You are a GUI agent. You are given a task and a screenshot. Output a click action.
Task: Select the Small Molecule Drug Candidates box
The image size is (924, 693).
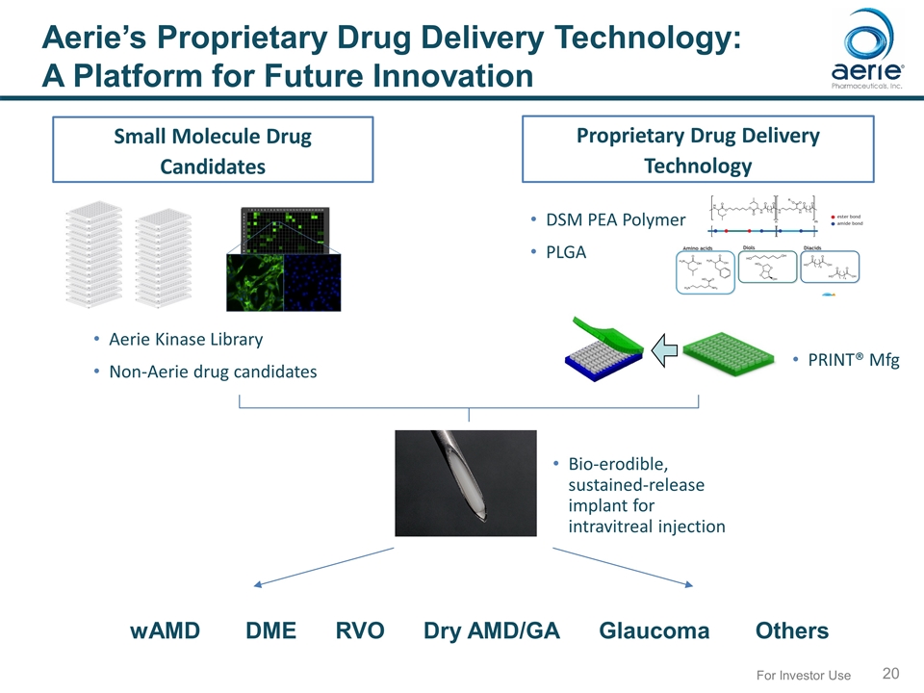[213, 150]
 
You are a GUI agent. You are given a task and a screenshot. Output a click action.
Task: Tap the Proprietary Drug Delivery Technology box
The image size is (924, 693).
[698, 149]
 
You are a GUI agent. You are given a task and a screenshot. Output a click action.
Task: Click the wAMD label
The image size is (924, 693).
[166, 630]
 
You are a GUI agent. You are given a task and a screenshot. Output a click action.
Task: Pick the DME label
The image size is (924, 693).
[271, 630]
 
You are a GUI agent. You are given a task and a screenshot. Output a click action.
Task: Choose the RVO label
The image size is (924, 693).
[360, 630]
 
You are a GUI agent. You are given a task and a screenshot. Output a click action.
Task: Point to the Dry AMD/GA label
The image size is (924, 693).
[491, 630]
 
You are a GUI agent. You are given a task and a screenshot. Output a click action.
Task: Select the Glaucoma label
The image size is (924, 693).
[654, 630]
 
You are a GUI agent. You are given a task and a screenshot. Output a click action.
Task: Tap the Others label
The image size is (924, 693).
[791, 630]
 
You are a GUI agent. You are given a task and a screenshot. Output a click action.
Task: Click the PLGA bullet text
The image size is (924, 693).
[565, 252]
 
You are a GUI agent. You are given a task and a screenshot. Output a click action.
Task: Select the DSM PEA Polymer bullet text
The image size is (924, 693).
[615, 220]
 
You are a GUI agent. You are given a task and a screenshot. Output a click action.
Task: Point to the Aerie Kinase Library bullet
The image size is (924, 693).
[186, 340]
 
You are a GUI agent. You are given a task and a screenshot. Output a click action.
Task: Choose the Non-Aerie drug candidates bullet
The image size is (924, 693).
[213, 372]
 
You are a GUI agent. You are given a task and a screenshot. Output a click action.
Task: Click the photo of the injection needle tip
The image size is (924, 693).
[466, 482]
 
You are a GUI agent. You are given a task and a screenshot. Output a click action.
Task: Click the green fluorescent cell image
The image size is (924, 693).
[253, 281]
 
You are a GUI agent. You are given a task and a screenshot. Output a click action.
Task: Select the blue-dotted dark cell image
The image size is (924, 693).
[312, 281]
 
